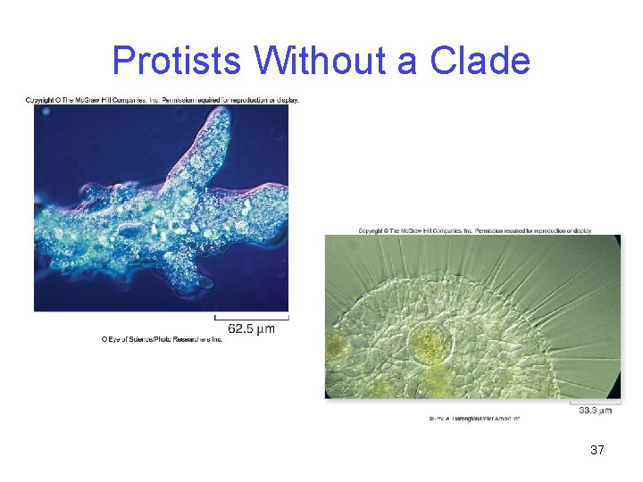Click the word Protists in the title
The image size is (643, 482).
(177, 62)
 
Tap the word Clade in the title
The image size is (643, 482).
(480, 62)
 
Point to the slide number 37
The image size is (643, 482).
(597, 450)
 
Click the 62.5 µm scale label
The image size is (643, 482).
(252, 329)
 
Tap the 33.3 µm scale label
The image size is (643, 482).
(595, 411)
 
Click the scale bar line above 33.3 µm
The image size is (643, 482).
(595, 402)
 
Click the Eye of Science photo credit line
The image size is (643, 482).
(162, 340)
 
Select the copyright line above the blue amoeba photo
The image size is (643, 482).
(162, 100)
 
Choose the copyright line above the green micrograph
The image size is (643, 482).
(475, 230)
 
